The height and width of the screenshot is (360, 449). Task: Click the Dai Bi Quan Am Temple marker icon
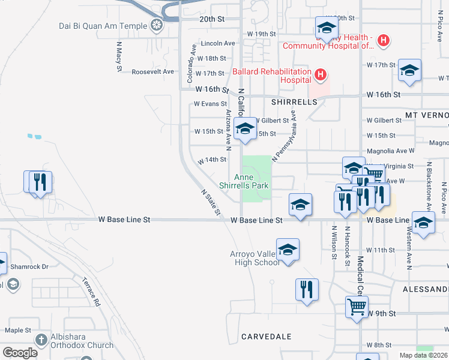pos(157,26)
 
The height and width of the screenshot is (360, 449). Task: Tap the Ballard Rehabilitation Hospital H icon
pos(321,75)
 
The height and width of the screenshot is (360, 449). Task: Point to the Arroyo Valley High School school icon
pos(288,249)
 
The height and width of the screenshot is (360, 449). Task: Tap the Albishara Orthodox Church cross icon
pos(41,339)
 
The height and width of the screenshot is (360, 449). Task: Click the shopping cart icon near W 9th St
pos(357,307)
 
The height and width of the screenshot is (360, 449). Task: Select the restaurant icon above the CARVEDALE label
pos(307,289)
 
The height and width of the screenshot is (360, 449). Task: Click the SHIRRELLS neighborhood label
pos(294,103)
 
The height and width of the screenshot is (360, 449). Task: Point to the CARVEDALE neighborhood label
pos(266,337)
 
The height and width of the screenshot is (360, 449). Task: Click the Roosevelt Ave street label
pos(152,71)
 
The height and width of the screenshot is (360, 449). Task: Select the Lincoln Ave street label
pos(218,44)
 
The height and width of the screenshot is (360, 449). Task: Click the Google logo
pos(20,353)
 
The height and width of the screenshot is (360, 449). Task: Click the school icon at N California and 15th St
pos(245,128)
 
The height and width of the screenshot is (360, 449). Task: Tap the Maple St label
pos(18,330)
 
